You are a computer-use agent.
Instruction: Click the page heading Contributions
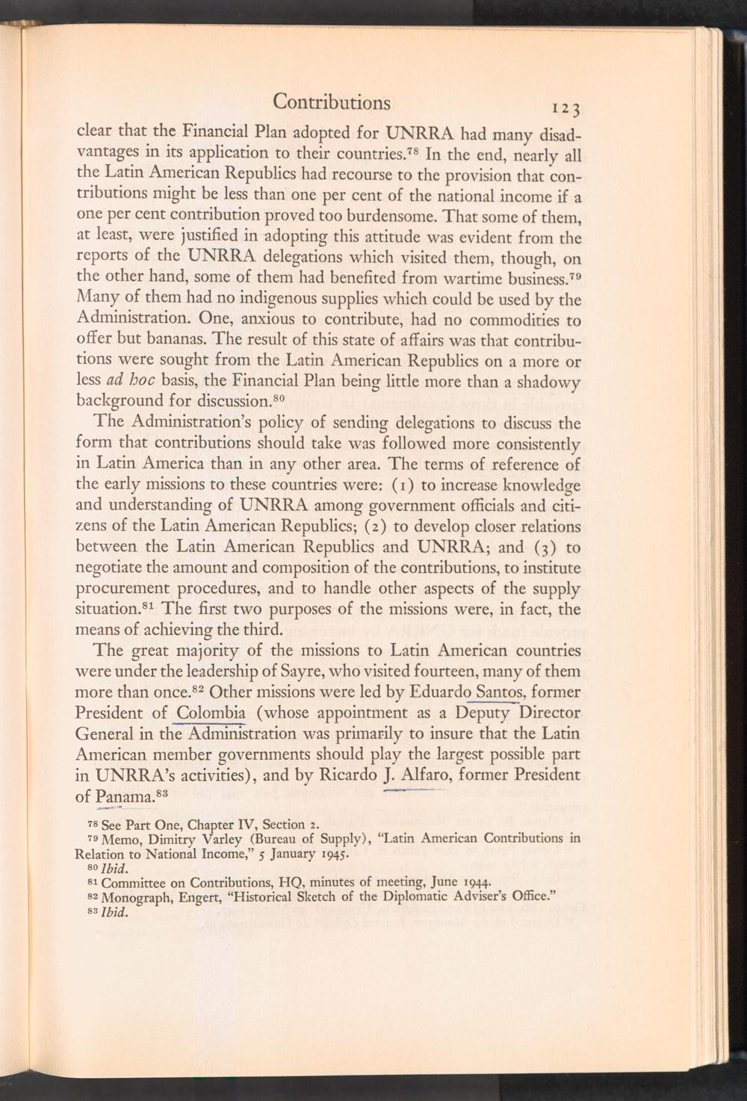(x=331, y=102)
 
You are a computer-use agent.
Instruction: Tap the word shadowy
(x=548, y=383)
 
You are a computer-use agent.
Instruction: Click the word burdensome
(x=379, y=218)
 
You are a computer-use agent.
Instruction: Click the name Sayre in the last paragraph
(x=316, y=671)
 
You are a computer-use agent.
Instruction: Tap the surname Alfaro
(x=427, y=775)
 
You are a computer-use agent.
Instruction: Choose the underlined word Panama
(x=123, y=796)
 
